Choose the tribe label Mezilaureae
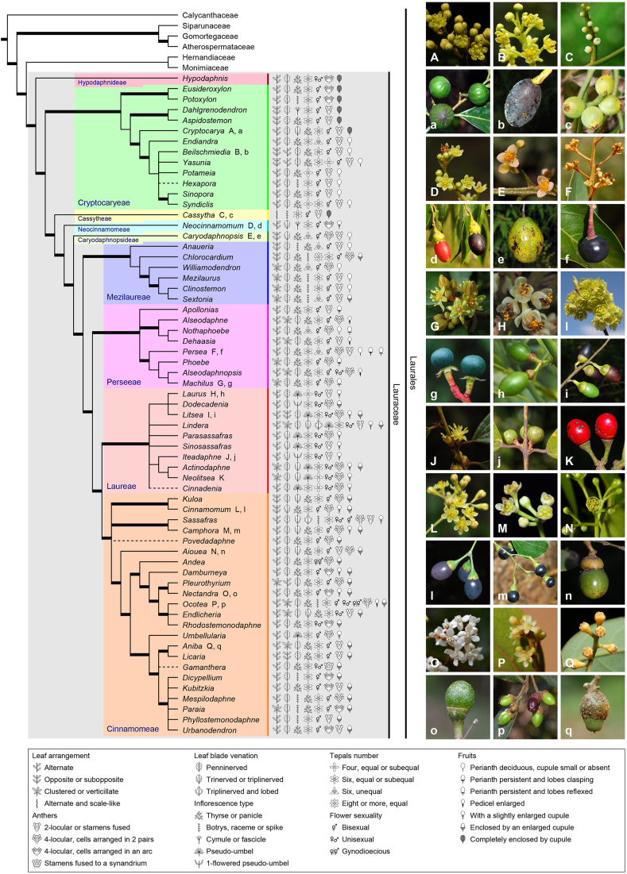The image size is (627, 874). pyautogui.click(x=127, y=298)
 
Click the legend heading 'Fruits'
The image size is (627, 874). pyautogui.click(x=469, y=755)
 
